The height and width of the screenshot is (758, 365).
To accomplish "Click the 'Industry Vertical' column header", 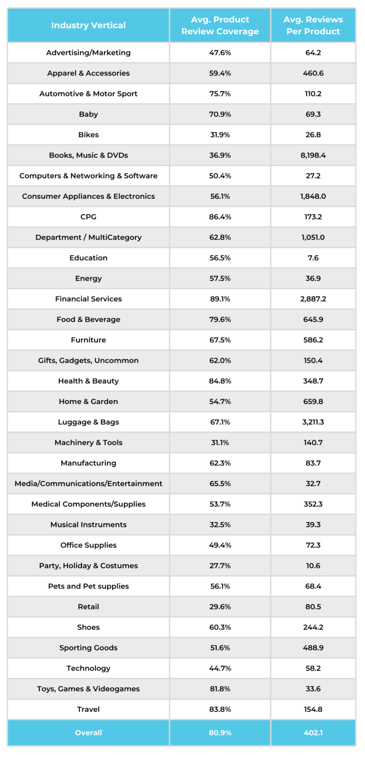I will [88, 25].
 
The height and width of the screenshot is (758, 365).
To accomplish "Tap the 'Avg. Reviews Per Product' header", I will [313, 25].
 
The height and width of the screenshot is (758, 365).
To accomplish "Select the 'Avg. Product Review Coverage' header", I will [220, 25].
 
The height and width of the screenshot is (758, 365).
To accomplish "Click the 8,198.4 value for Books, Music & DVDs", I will [313, 155].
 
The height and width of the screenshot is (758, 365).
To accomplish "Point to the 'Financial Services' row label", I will [88, 299].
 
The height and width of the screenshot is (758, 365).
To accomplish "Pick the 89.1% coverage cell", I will [220, 299].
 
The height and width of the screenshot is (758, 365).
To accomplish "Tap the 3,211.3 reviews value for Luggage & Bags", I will [313, 422].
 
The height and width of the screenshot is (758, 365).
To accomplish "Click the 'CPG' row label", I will [88, 216].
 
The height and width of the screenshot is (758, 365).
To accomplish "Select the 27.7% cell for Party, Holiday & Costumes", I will [220, 565].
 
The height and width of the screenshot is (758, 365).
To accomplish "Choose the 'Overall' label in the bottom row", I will [88, 732].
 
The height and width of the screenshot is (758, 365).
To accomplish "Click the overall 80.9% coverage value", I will [220, 732].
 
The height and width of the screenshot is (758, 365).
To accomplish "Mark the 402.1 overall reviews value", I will [313, 732].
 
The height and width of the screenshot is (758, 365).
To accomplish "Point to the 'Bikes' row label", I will [88, 135].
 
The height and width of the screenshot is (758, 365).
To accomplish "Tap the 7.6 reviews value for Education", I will [313, 258].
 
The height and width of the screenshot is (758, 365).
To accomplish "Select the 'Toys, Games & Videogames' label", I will [88, 689].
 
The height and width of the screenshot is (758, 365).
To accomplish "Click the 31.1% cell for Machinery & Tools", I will [220, 442].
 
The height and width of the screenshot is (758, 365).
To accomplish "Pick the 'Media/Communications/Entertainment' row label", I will [88, 483].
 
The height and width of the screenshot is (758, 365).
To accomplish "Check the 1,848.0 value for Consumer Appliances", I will [313, 196].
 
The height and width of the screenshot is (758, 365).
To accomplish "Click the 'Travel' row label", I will [88, 709].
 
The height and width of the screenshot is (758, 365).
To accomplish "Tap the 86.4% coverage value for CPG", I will [220, 216].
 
